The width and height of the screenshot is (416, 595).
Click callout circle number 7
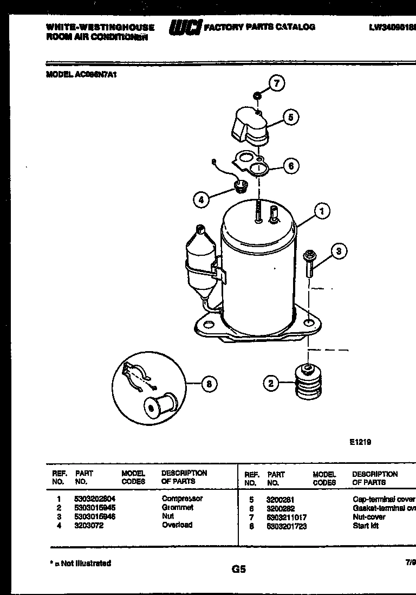coord(277,83)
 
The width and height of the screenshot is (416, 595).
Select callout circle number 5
coord(291,117)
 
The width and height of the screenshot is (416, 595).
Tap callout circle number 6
coord(291,166)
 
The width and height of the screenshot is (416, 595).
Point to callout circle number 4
coord(201,199)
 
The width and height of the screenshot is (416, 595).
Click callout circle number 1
coord(322,211)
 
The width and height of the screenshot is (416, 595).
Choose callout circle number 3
coord(339,251)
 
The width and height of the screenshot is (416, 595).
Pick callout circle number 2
coord(271,384)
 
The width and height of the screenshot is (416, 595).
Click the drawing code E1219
coord(360,442)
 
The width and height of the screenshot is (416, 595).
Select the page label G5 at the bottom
coord(238,569)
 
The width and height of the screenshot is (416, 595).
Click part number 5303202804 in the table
coord(95,499)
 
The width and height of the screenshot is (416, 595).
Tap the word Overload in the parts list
coord(177,525)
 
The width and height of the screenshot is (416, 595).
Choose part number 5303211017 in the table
coord(287,518)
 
